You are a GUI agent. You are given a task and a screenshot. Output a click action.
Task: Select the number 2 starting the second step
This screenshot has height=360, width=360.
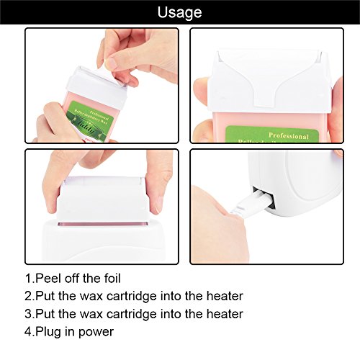pos(28,297)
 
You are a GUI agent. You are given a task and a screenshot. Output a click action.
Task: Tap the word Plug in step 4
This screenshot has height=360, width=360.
pos(52,332)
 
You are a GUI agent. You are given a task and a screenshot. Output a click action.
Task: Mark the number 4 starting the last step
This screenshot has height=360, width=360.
pos(28,332)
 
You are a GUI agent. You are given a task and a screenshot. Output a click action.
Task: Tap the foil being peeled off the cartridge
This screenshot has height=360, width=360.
pos(114,68)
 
